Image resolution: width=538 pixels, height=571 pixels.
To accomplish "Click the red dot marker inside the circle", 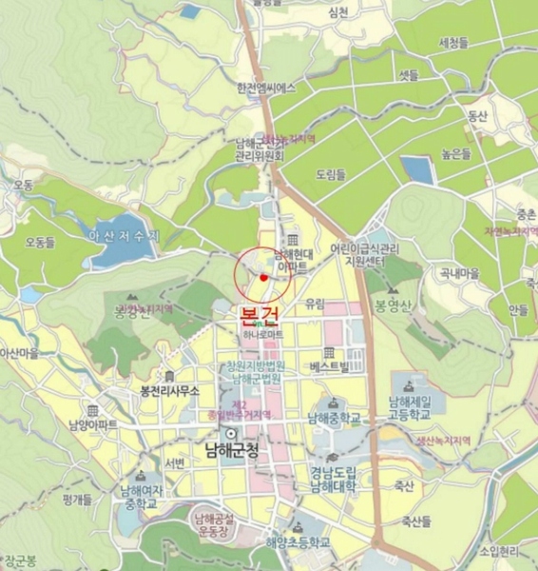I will (263, 277).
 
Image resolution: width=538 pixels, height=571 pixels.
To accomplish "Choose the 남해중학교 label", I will (334, 418).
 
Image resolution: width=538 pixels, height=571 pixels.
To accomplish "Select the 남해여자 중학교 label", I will (139, 498).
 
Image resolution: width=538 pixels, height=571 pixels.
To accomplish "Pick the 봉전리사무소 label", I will (169, 391).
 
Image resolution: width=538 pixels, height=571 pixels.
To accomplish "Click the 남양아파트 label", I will (93, 424).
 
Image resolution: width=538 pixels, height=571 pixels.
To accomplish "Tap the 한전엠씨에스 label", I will (266, 89).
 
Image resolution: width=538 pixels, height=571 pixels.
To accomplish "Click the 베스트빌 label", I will (330, 365).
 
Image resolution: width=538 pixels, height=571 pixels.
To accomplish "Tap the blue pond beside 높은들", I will (418, 170).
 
